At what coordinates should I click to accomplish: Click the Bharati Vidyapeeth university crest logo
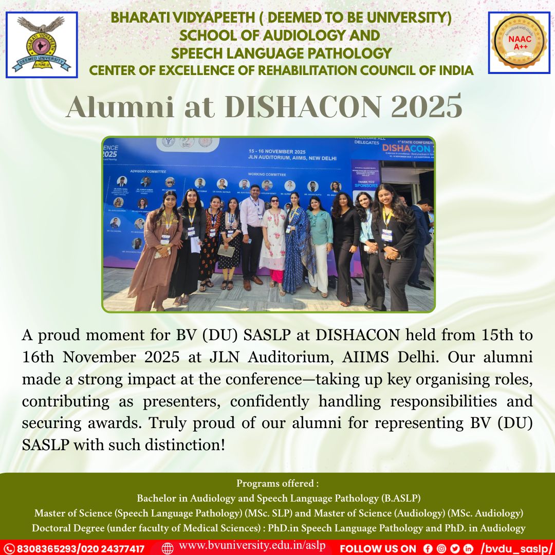(41, 45)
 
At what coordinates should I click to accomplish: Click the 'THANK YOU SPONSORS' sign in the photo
(366, 182)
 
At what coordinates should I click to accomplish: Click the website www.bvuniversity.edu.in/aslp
(252, 546)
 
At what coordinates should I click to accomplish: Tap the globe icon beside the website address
(168, 548)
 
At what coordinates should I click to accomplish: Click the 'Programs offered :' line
(277, 484)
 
